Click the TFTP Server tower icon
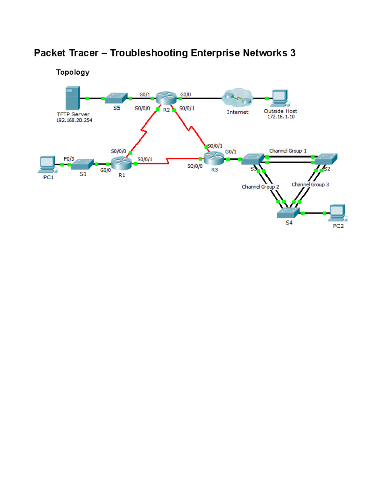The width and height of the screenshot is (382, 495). [x=73, y=98]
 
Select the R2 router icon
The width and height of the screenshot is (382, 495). [x=166, y=98]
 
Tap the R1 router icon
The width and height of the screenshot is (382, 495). [x=121, y=164]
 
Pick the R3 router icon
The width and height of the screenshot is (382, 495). [x=214, y=158]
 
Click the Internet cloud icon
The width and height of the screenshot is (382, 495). [x=237, y=98]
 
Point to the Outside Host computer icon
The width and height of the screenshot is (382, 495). [x=279, y=98]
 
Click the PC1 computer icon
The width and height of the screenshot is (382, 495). [x=47, y=164]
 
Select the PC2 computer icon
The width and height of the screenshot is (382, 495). [x=338, y=213]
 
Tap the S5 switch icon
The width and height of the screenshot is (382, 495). [x=116, y=98]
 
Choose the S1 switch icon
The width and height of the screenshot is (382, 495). [x=82, y=164]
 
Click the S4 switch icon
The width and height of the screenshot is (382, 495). [x=288, y=213]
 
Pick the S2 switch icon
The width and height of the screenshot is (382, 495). [x=326, y=159]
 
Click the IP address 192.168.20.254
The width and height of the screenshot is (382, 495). [x=74, y=120]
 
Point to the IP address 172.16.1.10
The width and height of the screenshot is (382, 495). [x=281, y=117]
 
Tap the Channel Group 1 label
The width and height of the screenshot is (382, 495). [x=288, y=151]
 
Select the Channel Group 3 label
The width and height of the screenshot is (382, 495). [x=310, y=185]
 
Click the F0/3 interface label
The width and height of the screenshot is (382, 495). [x=69, y=159]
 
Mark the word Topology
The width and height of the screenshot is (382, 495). [x=73, y=72]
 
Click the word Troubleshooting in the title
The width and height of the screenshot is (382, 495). [x=149, y=53]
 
